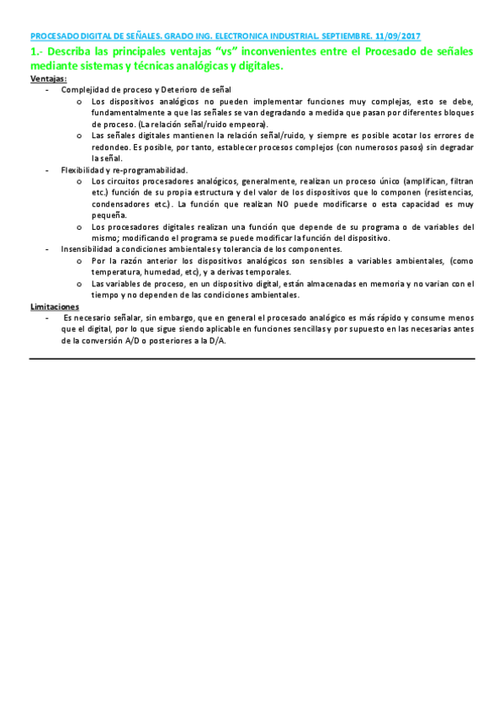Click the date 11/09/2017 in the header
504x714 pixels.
point(400,37)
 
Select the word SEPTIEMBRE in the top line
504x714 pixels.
point(347,37)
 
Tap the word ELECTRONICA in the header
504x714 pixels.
point(237,37)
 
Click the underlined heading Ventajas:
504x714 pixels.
point(48,78)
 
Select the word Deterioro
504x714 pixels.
point(180,89)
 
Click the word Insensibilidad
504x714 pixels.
point(87,249)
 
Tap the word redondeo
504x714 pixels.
point(109,147)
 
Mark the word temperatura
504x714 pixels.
point(119,272)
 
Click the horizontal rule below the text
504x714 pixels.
point(252,360)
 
